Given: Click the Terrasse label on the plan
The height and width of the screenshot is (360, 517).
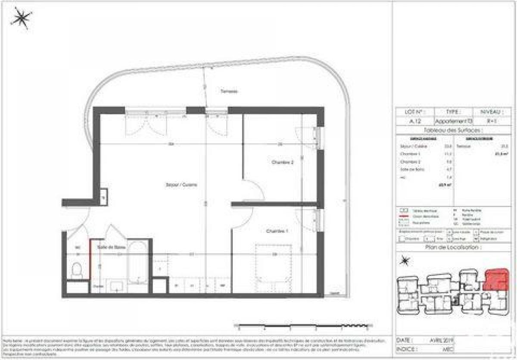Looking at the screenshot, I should (229, 91).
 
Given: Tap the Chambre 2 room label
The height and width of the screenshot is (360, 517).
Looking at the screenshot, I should (283, 163).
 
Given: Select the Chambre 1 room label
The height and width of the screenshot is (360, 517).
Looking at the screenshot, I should (277, 232).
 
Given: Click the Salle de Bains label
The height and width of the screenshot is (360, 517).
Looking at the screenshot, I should (108, 247).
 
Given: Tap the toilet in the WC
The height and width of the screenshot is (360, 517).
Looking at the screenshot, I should (78, 270).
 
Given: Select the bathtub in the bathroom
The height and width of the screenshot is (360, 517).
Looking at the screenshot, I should (138, 263).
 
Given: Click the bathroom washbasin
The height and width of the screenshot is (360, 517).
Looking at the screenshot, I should (116, 285).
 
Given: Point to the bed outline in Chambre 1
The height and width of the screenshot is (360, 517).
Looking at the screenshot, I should (274, 263).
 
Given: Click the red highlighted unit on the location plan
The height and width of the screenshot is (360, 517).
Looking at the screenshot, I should (496, 279).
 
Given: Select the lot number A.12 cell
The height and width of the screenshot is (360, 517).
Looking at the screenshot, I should (415, 122).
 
